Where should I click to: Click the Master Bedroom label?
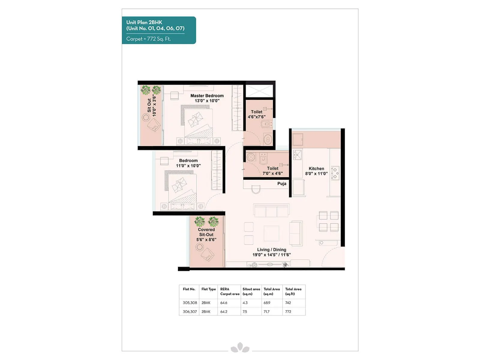pyautogui.click(x=207, y=96)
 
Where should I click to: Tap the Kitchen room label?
pyautogui.click(x=316, y=169)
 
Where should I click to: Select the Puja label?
pyautogui.click(x=282, y=184)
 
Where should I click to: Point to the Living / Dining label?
pyautogui.click(x=271, y=250)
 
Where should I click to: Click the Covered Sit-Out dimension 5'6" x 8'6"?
pyautogui.click(x=206, y=240)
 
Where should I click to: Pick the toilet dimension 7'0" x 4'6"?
pyautogui.click(x=272, y=173)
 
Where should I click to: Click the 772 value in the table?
pyautogui.click(x=288, y=312)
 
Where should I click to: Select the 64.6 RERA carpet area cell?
pyautogui.click(x=224, y=303)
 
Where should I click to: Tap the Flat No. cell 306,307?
pyautogui.click(x=190, y=312)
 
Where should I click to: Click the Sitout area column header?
pyautogui.click(x=251, y=291)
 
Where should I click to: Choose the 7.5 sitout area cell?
pyautogui.click(x=245, y=312)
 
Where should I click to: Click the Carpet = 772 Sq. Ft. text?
pyautogui.click(x=148, y=39)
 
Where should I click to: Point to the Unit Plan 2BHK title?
pyautogui.click(x=144, y=22)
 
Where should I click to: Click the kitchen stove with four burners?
pyautogui.click(x=335, y=173)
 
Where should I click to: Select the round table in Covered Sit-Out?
pyautogui.click(x=199, y=247)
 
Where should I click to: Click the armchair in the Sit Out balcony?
pyautogui.click(x=154, y=125)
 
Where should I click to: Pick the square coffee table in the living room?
pyautogui.click(x=271, y=233)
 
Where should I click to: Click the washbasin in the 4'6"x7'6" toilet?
pyautogui.click(x=267, y=139)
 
